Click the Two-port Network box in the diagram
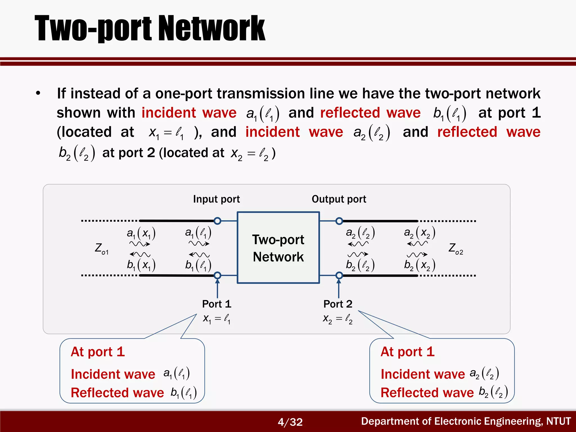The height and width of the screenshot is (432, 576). [278, 248]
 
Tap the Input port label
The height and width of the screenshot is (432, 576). [216, 199]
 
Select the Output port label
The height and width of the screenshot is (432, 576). [339, 199]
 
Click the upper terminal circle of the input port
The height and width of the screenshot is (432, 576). [217, 221]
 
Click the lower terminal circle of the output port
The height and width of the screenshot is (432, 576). [339, 275]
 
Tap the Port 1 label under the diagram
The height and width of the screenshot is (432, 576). [217, 304]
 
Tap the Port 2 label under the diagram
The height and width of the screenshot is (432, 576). [338, 304]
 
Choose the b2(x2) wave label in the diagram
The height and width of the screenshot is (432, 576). [420, 265]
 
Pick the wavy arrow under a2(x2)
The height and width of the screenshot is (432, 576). [417, 244]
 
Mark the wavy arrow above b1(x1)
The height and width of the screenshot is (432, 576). [140, 254]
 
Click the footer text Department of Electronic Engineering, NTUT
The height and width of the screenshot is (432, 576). [466, 421]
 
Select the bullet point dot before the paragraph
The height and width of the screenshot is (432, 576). [38, 93]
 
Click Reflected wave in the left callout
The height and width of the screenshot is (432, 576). [117, 393]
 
